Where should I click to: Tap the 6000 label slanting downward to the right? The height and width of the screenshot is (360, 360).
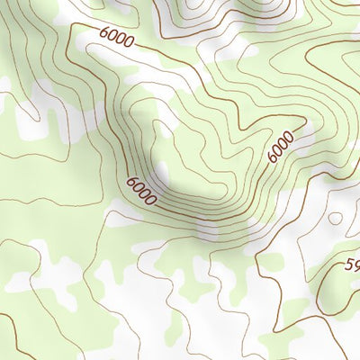(x=142, y=191)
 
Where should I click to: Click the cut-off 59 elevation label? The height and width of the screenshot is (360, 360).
(x=352, y=265)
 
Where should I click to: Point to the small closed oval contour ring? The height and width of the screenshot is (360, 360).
(x=335, y=217)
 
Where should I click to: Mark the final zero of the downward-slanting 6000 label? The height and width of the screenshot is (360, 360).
(x=151, y=200)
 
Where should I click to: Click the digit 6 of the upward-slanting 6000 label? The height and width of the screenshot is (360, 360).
(x=274, y=158)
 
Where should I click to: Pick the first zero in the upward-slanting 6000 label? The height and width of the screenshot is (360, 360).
(x=278, y=151)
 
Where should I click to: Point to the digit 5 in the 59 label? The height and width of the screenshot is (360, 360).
(x=349, y=265)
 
